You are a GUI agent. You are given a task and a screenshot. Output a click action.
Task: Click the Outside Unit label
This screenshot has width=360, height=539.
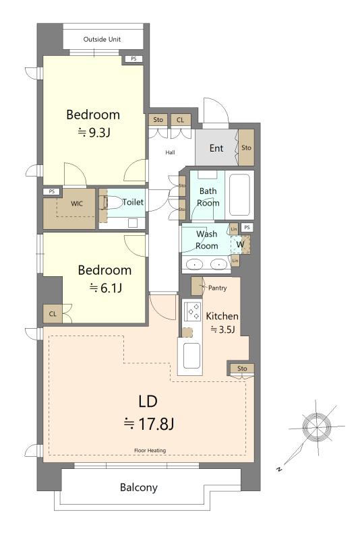[102, 39]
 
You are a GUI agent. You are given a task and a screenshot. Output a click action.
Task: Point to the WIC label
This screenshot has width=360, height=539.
[77, 203]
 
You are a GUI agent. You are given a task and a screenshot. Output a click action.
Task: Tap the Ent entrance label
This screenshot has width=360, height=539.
[216, 148]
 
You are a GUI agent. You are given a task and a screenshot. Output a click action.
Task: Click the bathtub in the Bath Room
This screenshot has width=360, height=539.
[239, 195]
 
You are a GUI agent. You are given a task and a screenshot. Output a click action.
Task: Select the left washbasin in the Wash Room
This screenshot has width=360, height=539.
[195, 264]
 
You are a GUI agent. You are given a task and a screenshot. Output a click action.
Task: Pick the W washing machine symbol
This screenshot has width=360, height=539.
[240, 245]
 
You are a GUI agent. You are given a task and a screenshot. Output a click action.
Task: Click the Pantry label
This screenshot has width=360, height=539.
[217, 288]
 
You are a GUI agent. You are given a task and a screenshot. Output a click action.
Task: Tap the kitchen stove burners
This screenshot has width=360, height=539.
[192, 311]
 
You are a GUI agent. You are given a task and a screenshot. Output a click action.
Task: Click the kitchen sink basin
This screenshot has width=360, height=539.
[191, 356]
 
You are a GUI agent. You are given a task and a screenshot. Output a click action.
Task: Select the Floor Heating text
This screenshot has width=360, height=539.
[150, 450]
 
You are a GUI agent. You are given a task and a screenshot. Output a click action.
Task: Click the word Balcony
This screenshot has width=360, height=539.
[139, 487]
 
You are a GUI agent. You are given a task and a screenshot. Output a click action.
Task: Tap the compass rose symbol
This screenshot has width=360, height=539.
[316, 426]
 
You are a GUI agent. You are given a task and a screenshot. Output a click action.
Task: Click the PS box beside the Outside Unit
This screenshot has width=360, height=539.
[133, 59]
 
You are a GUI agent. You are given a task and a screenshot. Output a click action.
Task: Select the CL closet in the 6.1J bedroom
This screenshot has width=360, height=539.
[53, 314]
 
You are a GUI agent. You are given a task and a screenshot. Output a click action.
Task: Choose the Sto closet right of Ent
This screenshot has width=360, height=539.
[246, 148]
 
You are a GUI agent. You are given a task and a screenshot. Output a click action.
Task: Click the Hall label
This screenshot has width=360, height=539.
[170, 152]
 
